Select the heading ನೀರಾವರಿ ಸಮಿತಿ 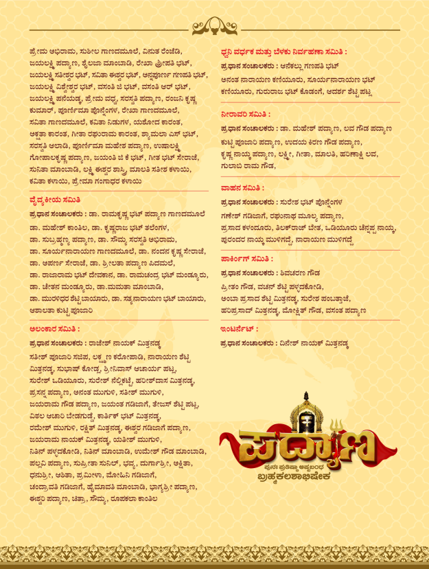tap(246, 114)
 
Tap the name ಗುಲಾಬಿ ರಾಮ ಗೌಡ tap(244, 167)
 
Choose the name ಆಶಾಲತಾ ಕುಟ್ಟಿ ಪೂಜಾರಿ tap(61, 310)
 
